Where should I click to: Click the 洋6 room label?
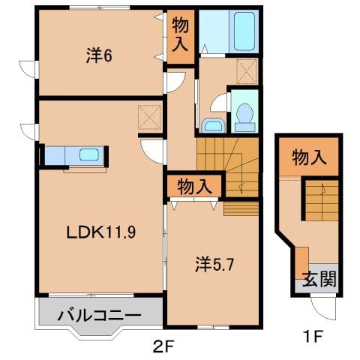click(99, 55)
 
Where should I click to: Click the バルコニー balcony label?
click(100, 313)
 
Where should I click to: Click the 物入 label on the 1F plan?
click(309, 157)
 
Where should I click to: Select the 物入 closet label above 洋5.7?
click(194, 184)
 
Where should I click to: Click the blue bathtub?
click(244, 32)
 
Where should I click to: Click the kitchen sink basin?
click(89, 156)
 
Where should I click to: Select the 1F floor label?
click(313, 337)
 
